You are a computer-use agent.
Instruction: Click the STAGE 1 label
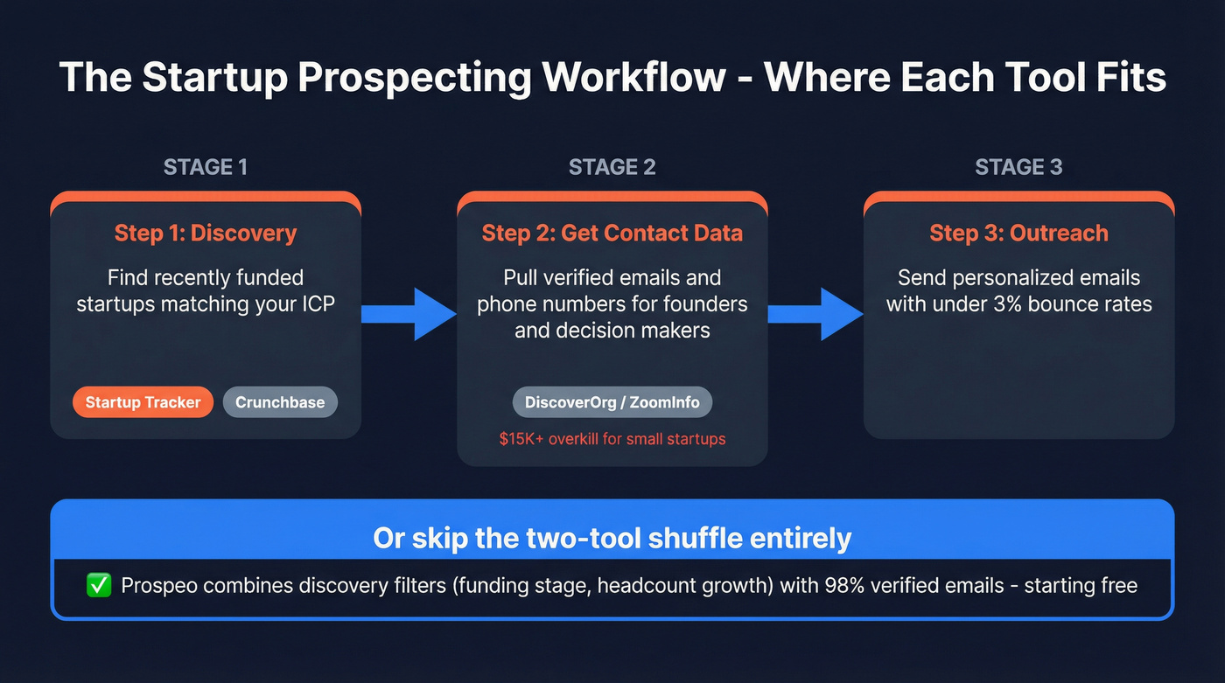[x=205, y=167]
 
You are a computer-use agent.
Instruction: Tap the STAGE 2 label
[x=612, y=167]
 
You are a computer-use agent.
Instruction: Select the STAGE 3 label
[x=1018, y=167]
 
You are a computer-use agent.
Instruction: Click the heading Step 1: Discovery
[x=205, y=233]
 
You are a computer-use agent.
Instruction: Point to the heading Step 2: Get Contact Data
[x=612, y=233]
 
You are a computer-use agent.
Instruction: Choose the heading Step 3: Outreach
[x=1018, y=233]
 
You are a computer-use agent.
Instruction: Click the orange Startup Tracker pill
[x=143, y=402]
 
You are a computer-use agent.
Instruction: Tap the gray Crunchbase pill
[x=280, y=402]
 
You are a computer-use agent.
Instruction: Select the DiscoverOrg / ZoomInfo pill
[x=612, y=402]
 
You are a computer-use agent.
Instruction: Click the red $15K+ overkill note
[x=612, y=439]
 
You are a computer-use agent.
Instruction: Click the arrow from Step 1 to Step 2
[x=408, y=313]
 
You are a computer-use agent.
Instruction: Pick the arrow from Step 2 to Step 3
[x=815, y=313]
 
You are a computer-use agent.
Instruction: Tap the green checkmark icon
[x=99, y=585]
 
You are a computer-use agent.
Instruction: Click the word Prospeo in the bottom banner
[x=157, y=585]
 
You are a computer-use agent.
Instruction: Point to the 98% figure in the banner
[x=844, y=585]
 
